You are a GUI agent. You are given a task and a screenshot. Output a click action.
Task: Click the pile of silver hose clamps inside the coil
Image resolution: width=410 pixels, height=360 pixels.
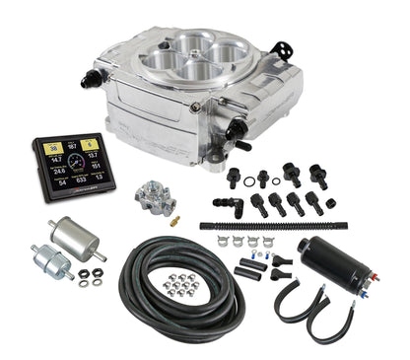point(178,286)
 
